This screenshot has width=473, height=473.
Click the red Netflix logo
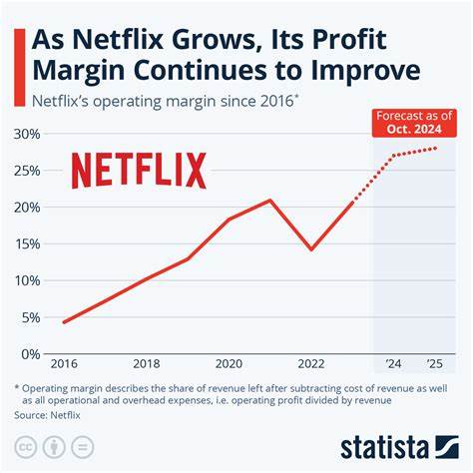[139, 171]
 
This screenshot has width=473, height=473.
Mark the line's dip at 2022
[313, 249]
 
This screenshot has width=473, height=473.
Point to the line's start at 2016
[65, 321]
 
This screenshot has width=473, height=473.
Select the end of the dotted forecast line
[437, 148]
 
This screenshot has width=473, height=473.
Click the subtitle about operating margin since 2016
[164, 102]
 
